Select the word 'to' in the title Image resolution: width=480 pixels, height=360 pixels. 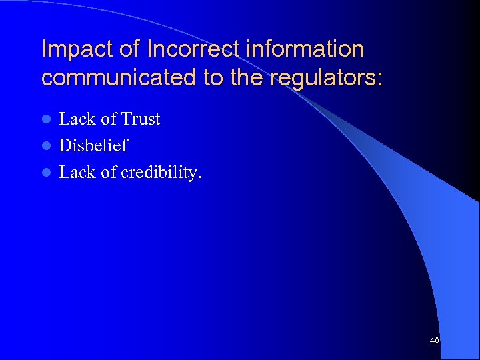(x=213, y=78)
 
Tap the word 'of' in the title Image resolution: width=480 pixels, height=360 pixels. (x=130, y=49)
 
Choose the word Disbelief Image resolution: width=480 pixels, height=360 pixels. (x=93, y=145)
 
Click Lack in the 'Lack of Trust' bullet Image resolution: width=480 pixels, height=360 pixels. (x=77, y=119)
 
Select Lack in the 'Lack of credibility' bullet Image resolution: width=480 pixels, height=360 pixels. (x=77, y=172)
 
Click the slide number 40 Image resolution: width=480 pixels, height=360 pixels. (x=435, y=341)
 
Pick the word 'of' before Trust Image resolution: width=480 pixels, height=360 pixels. (x=109, y=119)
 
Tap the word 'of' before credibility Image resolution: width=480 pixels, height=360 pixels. (x=109, y=172)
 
